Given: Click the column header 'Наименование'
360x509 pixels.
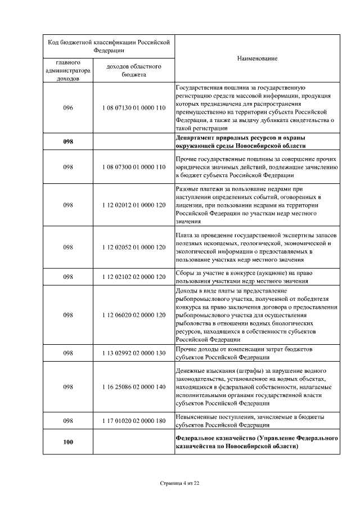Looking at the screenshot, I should [x=257, y=58].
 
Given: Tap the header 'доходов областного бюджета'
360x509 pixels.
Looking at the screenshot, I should [x=134, y=70].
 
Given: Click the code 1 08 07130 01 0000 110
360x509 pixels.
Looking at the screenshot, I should [x=134, y=107].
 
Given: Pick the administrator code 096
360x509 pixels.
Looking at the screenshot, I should [x=68, y=107].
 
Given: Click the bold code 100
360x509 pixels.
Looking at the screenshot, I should [x=68, y=443].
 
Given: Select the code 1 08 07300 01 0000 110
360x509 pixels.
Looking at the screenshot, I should [x=134, y=167].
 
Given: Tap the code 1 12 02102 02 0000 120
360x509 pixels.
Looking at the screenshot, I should [x=134, y=277].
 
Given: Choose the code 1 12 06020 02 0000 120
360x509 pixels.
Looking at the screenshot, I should [x=134, y=315].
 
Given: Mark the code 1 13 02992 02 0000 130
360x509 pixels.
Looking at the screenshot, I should [x=134, y=353].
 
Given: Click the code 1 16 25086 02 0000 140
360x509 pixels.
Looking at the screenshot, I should [x=134, y=387].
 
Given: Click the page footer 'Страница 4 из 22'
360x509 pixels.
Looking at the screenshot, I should [x=180, y=483].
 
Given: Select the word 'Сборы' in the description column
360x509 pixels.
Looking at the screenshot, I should [x=184, y=273].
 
